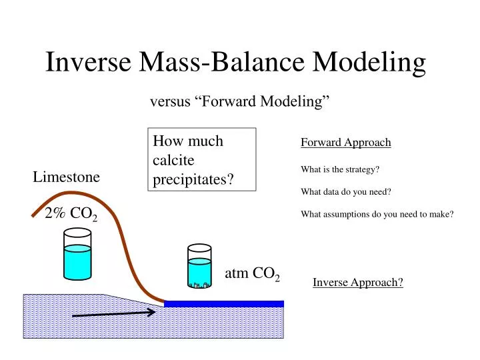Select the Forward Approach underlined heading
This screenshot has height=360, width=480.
tap(345, 143)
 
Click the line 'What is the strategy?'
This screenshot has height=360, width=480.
tap(340, 169)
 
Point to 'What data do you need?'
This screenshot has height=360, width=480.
tap(345, 192)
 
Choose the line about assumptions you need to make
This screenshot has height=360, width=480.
tap(377, 214)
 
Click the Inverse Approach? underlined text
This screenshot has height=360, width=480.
tap(358, 283)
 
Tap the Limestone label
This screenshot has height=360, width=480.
tap(67, 177)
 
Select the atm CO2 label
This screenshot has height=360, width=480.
tap(252, 273)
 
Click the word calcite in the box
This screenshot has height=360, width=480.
tap(173, 161)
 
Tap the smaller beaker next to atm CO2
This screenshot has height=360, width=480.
tap(199, 266)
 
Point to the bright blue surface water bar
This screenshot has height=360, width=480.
tap(223, 304)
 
